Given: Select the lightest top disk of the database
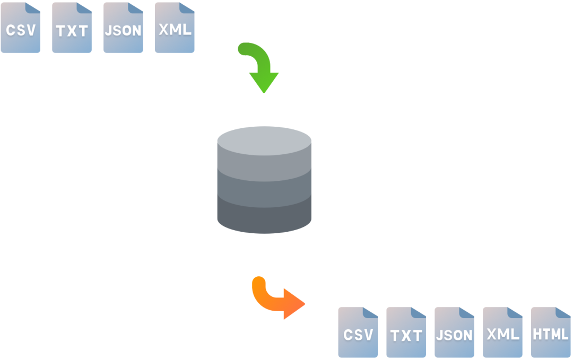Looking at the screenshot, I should (264, 139).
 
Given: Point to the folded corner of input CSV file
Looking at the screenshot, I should (34, 7).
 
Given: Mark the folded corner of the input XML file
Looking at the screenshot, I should (188, 7).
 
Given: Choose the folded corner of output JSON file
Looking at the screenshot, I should (467, 313).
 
